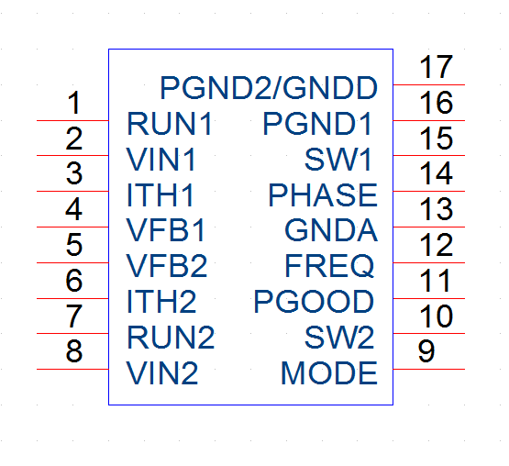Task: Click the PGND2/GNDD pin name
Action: [269, 88]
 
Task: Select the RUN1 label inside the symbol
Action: [170, 124]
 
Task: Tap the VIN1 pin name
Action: [161, 159]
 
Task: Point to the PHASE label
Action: [323, 194]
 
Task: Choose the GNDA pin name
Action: [331, 230]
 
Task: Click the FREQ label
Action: [329, 266]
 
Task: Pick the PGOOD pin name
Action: [314, 302]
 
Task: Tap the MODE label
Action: [329, 372]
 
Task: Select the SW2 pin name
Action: [339, 337]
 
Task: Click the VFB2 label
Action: [167, 266]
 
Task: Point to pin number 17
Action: [436, 67]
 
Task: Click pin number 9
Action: [426, 351]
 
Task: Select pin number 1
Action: [74, 103]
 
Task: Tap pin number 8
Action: [74, 351]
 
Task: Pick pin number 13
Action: [436, 209]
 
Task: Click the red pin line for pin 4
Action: [72, 227]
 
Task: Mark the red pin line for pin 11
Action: [429, 298]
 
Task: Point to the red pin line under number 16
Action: [429, 120]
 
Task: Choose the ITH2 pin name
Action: [161, 302]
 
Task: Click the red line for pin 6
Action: [72, 298]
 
